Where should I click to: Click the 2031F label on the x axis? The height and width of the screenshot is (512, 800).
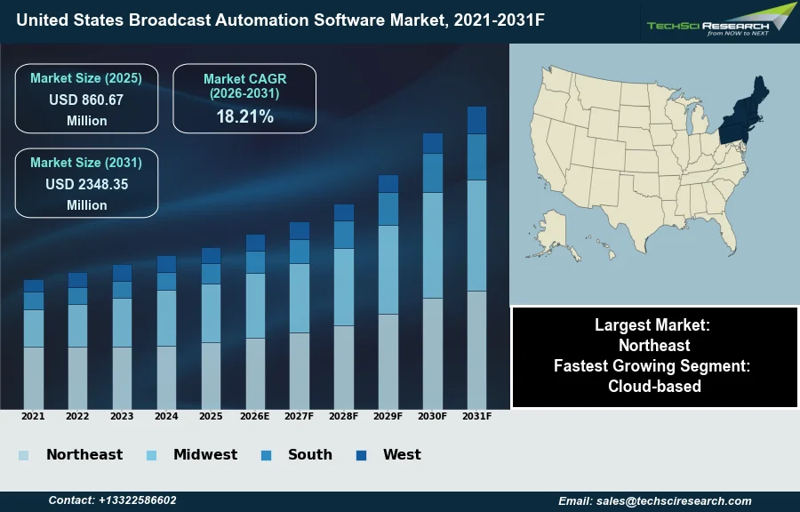click(476, 416)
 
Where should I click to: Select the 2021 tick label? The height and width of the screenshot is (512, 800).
click(33, 416)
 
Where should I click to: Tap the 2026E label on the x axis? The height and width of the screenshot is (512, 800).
click(255, 416)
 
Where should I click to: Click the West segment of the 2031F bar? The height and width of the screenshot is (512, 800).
click(476, 120)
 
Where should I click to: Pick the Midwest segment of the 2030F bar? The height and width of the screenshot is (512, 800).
click(433, 244)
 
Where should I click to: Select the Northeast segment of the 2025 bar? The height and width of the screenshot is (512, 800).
click(211, 375)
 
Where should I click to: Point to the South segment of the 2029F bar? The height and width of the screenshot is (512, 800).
click(388, 209)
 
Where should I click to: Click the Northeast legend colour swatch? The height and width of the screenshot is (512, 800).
click(23, 456)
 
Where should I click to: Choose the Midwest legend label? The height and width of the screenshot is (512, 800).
click(205, 455)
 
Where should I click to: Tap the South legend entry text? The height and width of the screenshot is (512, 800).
click(310, 455)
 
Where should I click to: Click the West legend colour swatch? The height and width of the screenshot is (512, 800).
click(361, 456)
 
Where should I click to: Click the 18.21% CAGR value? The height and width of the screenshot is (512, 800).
click(244, 116)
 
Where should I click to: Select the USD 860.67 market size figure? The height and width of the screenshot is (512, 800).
click(86, 100)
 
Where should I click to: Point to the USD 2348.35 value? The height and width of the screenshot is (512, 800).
click(86, 185)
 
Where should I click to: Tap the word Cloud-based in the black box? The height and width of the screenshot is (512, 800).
click(654, 386)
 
